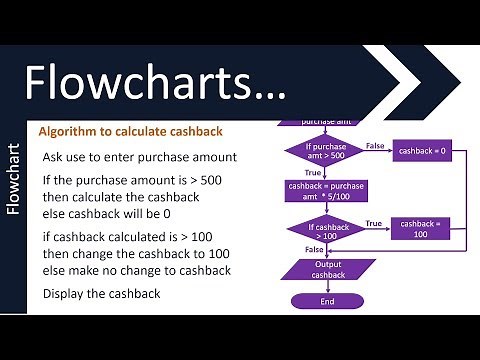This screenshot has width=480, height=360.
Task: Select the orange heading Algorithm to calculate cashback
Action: click(x=130, y=132)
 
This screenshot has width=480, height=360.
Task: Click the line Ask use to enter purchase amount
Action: click(x=138, y=158)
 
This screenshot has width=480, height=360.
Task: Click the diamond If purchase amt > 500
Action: click(x=316, y=151)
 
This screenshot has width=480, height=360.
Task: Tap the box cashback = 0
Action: click(x=423, y=151)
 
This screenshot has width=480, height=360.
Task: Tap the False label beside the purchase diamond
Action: click(x=375, y=145)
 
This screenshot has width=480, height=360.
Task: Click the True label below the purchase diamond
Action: click(x=298, y=173)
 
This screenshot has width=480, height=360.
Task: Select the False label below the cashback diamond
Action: click(x=313, y=250)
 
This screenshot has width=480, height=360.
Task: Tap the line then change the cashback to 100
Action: click(x=136, y=254)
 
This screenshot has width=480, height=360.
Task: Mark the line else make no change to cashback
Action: click(x=137, y=271)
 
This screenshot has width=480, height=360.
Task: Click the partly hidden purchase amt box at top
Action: click(x=316, y=121)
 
